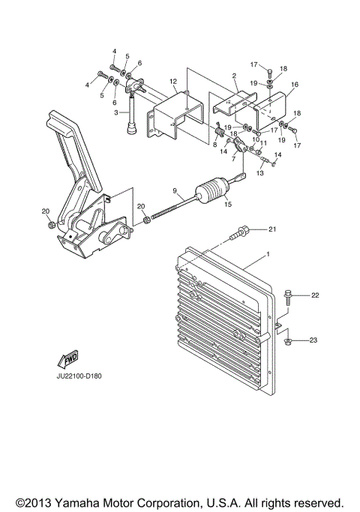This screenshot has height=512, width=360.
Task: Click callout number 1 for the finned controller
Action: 265,257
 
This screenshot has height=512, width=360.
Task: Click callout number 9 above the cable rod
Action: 175,190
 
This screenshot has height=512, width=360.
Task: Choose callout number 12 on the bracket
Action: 172,82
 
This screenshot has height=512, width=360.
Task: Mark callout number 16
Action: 294,85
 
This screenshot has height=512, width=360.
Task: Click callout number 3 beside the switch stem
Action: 115,112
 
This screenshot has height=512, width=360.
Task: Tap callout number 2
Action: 234,76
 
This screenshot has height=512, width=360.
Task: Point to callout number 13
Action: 260,172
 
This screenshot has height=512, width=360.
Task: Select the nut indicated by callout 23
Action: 289,341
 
